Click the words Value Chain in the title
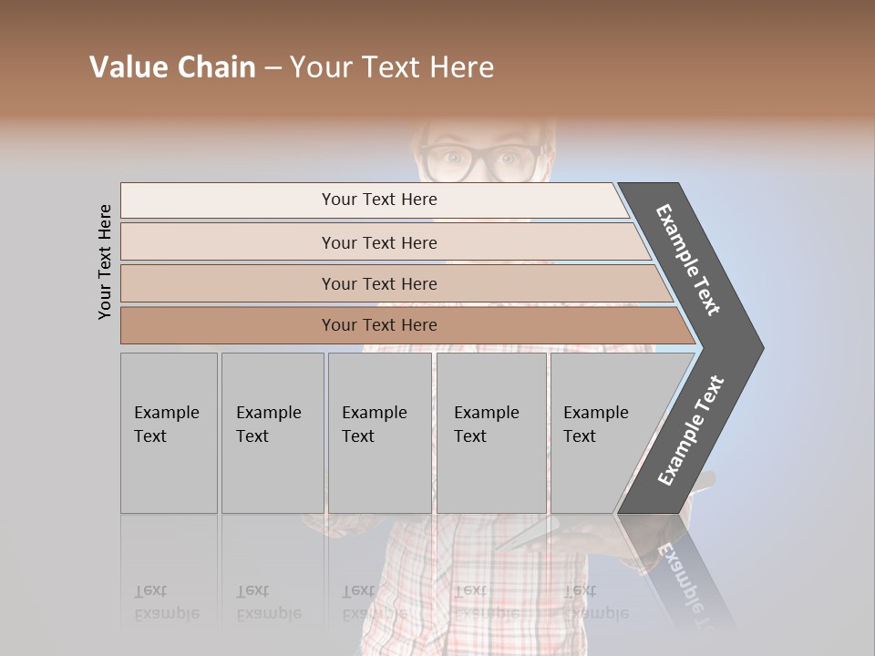[172, 67]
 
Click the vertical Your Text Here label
[105, 261]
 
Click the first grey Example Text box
[169, 433]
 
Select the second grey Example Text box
[273, 433]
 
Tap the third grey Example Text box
[379, 433]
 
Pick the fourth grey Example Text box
[491, 433]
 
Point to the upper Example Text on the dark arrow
[688, 260]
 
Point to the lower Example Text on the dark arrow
[691, 431]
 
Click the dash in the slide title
[273, 68]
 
